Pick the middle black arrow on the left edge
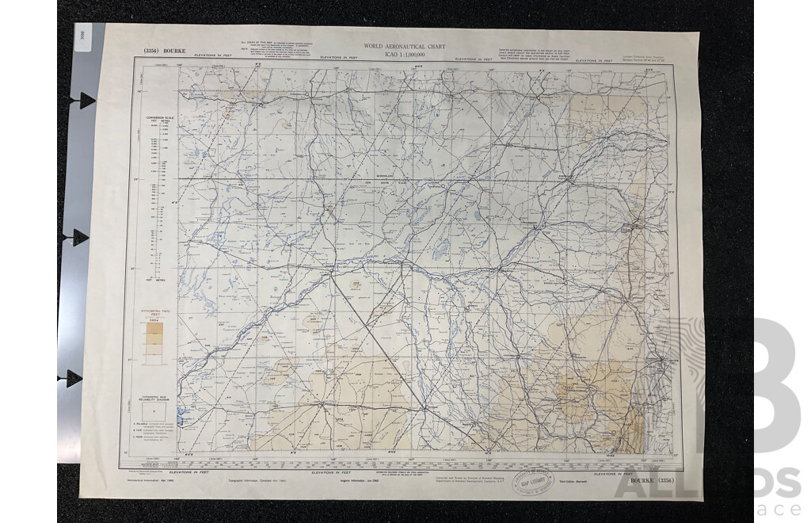pos(79,237)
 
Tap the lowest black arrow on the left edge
pos(74,378)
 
